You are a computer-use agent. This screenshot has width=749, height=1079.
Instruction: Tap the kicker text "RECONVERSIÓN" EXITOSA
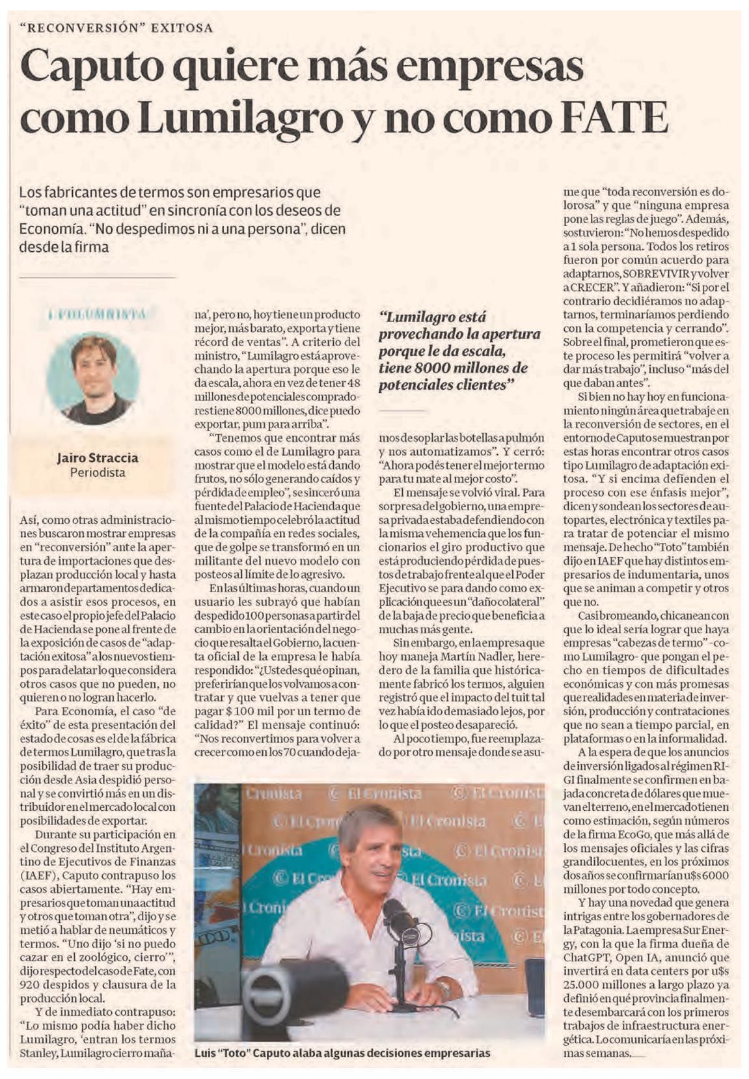[116, 28]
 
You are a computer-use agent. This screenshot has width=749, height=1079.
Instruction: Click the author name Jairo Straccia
[98, 458]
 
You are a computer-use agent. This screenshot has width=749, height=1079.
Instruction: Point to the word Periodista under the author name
[98, 472]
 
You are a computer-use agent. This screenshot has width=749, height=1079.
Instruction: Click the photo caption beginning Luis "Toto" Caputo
[342, 1052]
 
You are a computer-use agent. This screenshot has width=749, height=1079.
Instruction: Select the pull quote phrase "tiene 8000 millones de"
[454, 368]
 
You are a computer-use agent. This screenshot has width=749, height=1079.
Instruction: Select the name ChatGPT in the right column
[585, 963]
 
